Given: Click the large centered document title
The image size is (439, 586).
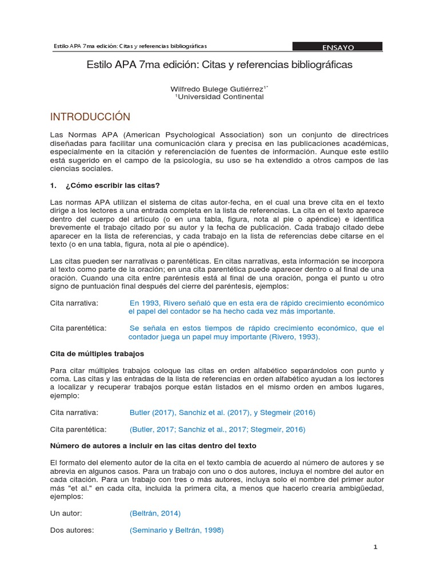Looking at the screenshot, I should point(219,65).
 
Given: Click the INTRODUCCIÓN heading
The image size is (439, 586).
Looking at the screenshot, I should point(90,117).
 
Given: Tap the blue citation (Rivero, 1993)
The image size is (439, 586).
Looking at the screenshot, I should point(294,337).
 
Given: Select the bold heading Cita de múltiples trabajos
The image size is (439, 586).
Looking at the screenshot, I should point(97,354).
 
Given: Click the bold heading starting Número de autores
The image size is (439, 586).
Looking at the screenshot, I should point(153,445).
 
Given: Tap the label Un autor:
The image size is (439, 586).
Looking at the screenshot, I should point(66,513).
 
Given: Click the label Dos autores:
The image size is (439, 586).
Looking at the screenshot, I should point(72,530).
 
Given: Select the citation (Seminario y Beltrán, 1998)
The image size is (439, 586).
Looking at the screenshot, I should point(177,530).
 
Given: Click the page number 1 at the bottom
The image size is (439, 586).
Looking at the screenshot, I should point(376,547).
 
